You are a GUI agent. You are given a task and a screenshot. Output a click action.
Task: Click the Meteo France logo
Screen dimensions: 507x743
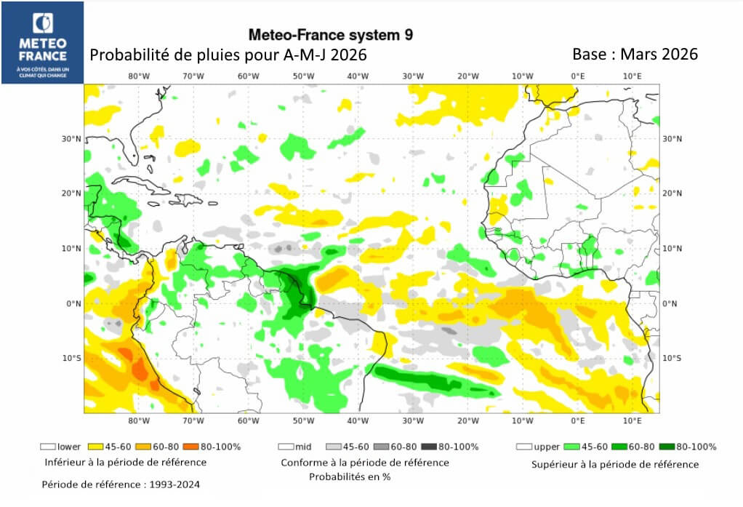click(43, 42)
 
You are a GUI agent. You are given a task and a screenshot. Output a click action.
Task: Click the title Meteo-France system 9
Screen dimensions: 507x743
click(332, 34)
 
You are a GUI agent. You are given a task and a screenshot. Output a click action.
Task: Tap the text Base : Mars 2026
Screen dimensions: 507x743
click(635, 55)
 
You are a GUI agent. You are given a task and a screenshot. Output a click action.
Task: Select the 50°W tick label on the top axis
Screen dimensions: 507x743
click(303, 76)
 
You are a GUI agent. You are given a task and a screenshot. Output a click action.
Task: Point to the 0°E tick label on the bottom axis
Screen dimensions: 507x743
click(578, 420)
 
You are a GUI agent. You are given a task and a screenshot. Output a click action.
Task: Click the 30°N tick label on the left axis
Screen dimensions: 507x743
click(71, 138)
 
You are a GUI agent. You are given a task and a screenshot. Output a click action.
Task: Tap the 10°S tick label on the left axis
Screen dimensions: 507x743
click(71, 358)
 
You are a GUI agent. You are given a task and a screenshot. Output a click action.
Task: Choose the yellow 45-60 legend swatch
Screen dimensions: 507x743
click(94, 447)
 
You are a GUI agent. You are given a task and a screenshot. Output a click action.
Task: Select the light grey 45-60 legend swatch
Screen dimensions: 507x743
click(334, 447)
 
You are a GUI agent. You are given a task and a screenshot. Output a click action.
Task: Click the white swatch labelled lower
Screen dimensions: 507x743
click(48, 447)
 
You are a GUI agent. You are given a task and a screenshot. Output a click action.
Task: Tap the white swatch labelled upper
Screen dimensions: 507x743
click(523, 447)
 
